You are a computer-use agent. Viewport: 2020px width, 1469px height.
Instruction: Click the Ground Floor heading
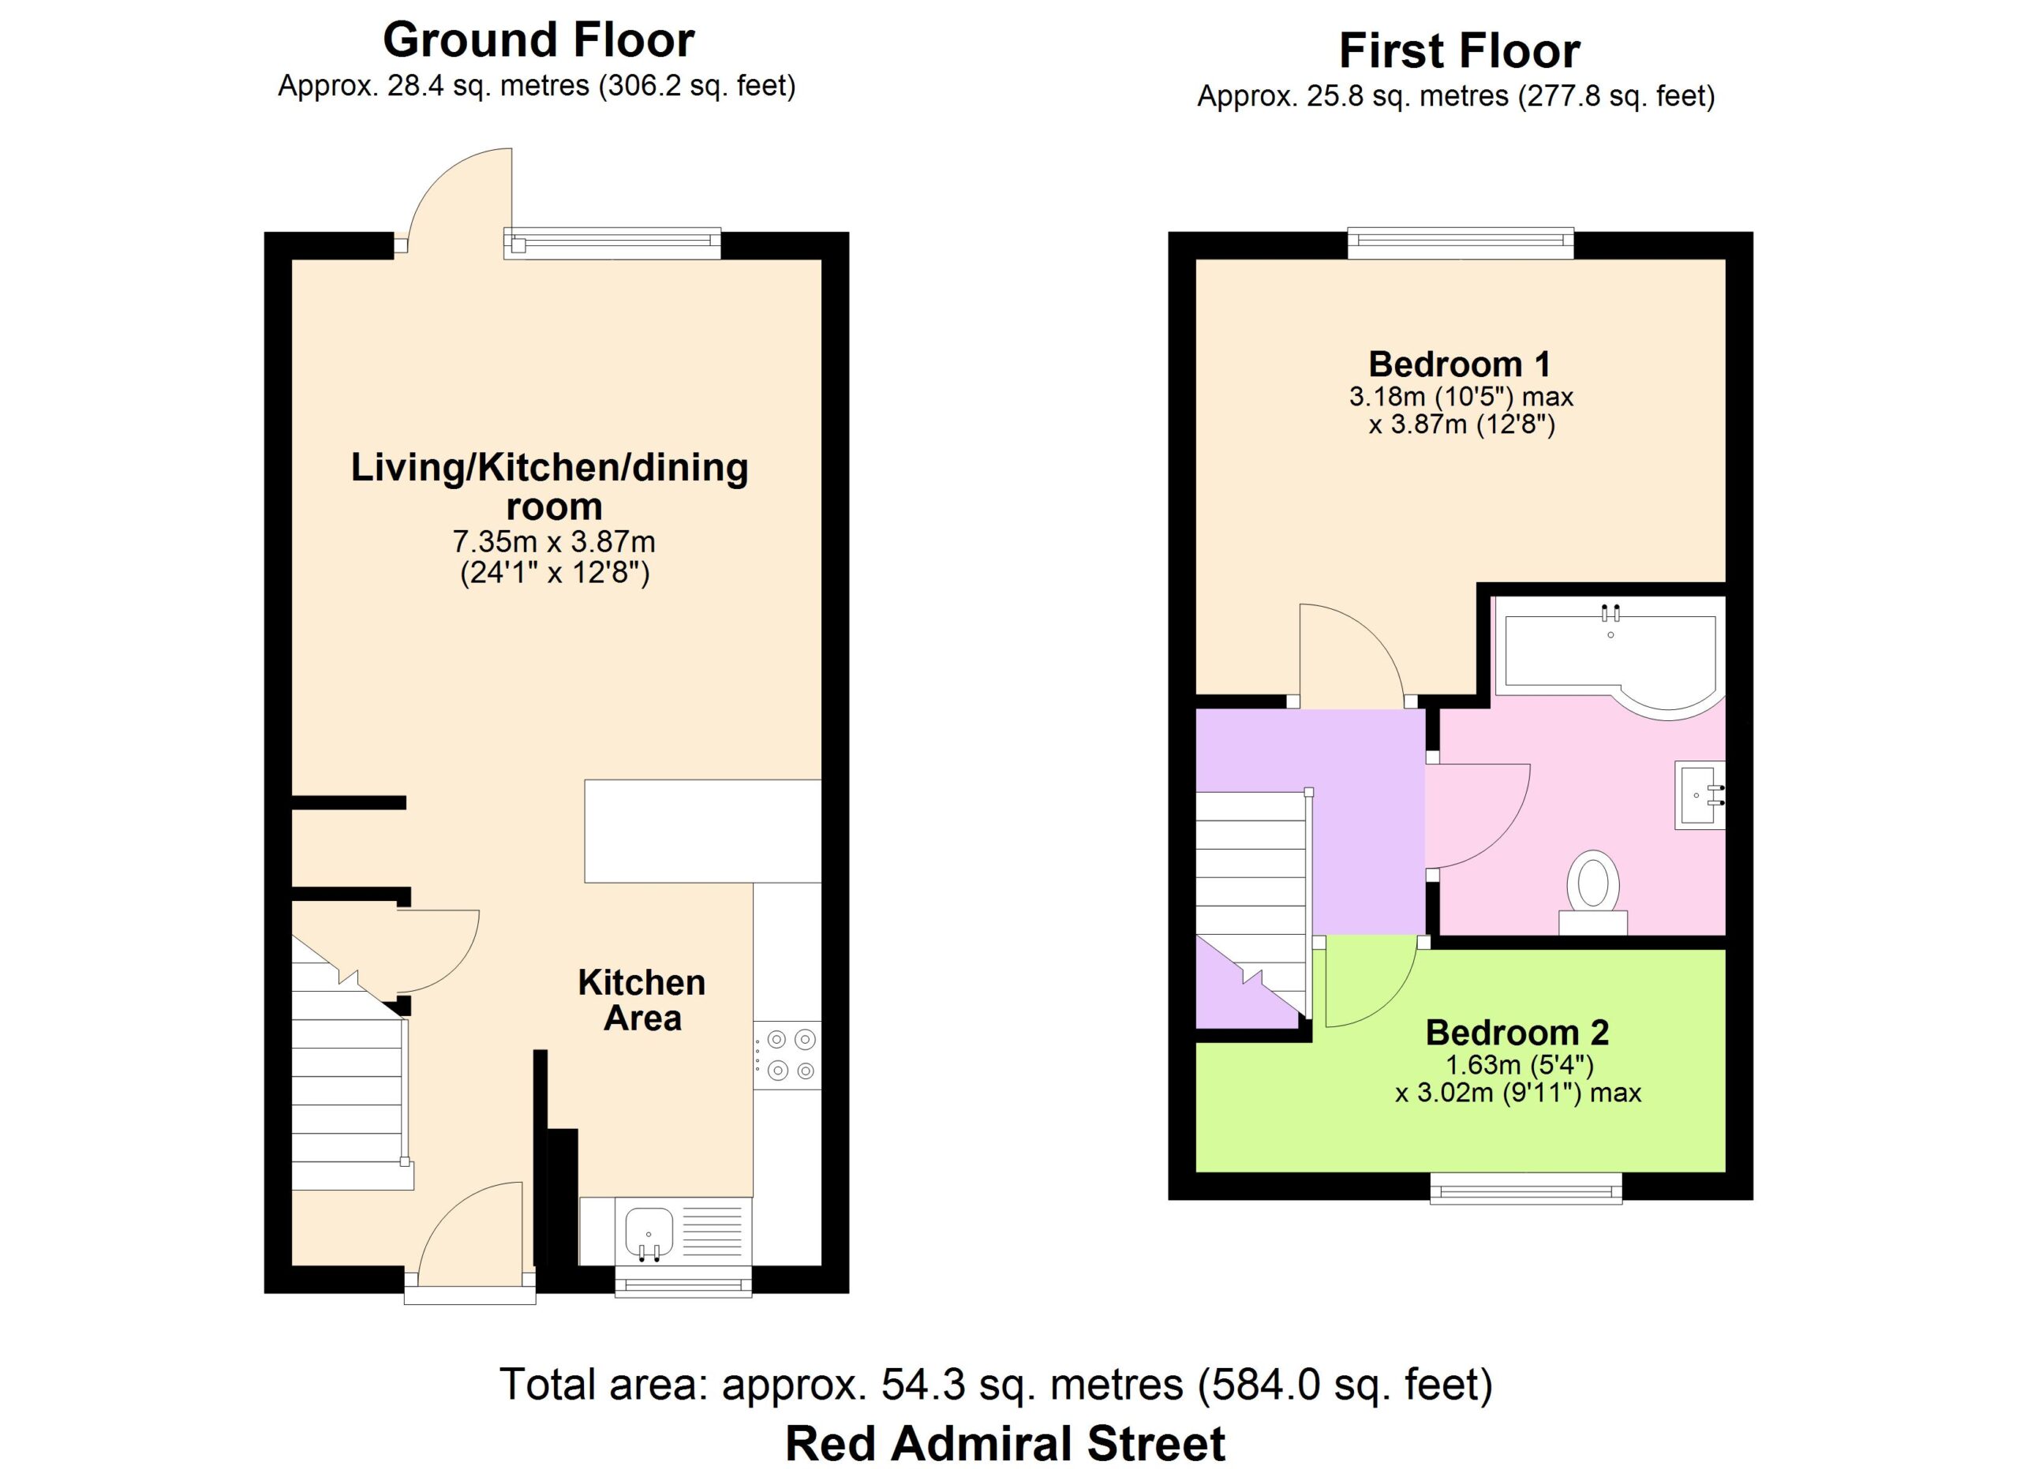(x=538, y=41)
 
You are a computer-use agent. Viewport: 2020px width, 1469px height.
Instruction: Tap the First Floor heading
(x=1459, y=51)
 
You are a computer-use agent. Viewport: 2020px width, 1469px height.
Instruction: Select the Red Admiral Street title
(x=1004, y=1443)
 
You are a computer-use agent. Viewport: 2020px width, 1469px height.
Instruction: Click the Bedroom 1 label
(x=1459, y=364)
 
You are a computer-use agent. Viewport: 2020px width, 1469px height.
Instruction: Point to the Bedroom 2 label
(x=1517, y=1033)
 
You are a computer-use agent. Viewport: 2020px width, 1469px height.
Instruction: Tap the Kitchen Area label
(x=642, y=1000)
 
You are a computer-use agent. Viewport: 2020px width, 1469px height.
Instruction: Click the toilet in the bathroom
(x=1592, y=893)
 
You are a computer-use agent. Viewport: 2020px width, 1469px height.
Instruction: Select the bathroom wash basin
(x=1700, y=795)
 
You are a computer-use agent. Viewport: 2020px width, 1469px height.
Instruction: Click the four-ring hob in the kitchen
(x=787, y=1055)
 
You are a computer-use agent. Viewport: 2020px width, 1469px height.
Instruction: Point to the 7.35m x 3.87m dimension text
(x=554, y=541)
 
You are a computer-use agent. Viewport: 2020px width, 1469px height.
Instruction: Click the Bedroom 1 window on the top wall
(x=1461, y=242)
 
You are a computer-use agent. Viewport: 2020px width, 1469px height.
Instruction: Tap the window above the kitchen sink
(x=683, y=1281)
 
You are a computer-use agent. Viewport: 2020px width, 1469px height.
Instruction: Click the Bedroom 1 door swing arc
(x=1367, y=635)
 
